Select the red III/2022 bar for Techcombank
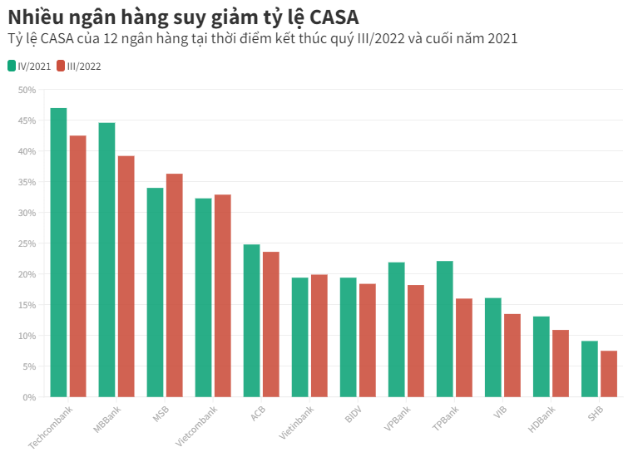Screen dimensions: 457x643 tap(77, 266)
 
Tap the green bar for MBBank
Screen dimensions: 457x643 tap(106, 259)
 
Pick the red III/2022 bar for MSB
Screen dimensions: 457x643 tap(174, 285)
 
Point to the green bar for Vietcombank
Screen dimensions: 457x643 tap(203, 297)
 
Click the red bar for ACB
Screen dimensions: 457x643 tap(270, 324)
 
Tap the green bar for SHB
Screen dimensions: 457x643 tap(589, 369)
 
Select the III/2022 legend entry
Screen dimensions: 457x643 tap(78, 66)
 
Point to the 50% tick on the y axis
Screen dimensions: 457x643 tap(27, 90)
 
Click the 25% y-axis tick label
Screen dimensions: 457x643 tap(27, 243)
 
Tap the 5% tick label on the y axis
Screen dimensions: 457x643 tap(29, 366)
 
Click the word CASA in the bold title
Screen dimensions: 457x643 tap(331, 17)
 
